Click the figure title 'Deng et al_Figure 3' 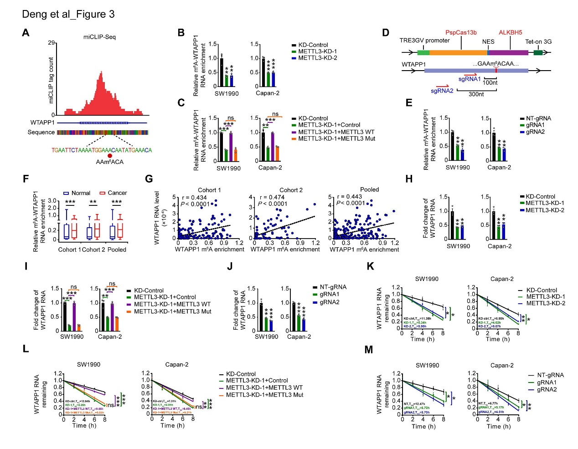click(68, 14)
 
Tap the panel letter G click(149, 179)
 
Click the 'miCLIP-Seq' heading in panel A click(99, 37)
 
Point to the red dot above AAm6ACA click(110, 156)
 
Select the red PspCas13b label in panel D click(461, 32)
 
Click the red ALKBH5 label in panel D click(510, 32)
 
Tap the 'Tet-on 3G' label click(538, 41)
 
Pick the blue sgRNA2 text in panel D click(442, 91)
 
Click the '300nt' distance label click(476, 94)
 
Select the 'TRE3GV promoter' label click(424, 41)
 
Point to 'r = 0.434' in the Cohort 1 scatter click(195, 197)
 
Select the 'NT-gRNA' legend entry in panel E click(538, 118)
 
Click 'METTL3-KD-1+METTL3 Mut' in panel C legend click(336, 139)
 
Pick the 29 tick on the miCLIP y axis click(52, 43)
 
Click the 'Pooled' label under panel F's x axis click(117, 250)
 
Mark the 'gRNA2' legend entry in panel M click(547, 389)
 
